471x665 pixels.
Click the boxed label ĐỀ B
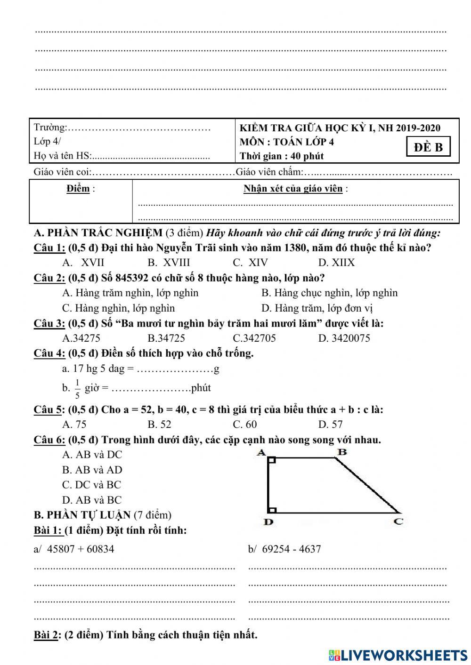pyautogui.click(x=428, y=147)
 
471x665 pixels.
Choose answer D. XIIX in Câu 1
pyautogui.click(x=336, y=263)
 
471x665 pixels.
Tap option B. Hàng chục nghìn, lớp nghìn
pyautogui.click(x=329, y=293)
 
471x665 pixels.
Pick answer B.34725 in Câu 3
pyautogui.click(x=166, y=338)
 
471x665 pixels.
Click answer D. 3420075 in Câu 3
pyautogui.click(x=344, y=338)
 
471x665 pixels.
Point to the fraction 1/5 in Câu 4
pyautogui.click(x=77, y=388)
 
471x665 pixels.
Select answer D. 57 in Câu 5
pyautogui.click(x=330, y=424)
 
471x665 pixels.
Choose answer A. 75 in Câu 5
pyautogui.click(x=74, y=424)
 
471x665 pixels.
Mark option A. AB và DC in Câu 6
pyautogui.click(x=92, y=455)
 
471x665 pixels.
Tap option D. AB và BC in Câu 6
pyautogui.click(x=92, y=500)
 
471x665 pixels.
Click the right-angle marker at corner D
pyautogui.click(x=272, y=509)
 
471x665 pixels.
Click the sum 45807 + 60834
pyautogui.click(x=74, y=549)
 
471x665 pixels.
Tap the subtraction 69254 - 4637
pyautogui.click(x=284, y=549)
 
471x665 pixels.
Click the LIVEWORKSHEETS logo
pyautogui.click(x=398, y=655)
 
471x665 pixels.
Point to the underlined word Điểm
pyautogui.click(x=78, y=189)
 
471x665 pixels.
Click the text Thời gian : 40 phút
pyautogui.click(x=281, y=156)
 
